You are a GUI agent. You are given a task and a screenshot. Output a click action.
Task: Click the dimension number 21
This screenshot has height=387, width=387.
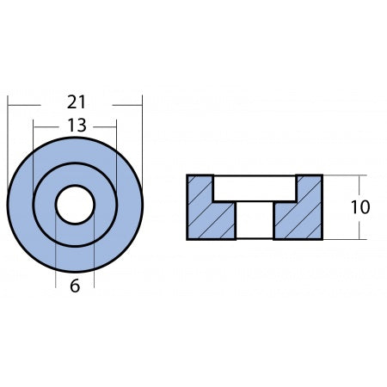point(75,102)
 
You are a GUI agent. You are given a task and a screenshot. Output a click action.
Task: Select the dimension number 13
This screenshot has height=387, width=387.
point(75,126)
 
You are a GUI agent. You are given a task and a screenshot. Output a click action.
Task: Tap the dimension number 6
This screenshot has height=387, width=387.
point(75,286)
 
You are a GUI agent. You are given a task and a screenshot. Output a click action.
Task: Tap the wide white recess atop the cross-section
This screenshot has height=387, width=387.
point(255,188)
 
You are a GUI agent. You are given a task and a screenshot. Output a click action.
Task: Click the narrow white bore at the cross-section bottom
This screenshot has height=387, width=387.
point(255,221)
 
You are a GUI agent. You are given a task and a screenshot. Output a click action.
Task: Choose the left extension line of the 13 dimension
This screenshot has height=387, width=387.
point(33,155)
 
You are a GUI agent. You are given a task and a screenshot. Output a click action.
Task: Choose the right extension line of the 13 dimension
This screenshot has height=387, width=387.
point(117,155)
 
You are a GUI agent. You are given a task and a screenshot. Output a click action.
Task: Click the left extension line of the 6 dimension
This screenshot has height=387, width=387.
point(56,258)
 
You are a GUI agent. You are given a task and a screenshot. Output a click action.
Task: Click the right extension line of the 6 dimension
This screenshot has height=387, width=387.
point(94,258)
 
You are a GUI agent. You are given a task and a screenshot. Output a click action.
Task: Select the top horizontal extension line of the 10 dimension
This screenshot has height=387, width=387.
point(340,175)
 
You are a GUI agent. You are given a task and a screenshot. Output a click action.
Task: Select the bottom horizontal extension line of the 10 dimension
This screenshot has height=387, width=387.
point(340,239)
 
